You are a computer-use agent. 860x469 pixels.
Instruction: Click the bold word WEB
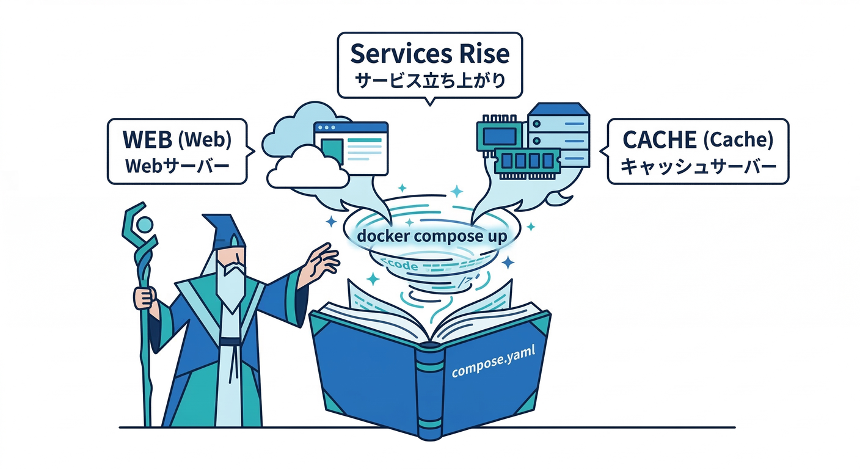(148, 139)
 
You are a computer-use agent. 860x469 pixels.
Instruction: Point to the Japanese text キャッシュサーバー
(698, 166)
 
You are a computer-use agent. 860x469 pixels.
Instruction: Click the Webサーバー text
(177, 165)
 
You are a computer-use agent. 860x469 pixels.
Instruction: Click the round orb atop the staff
(145, 225)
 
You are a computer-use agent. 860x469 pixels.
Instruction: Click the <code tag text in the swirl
(400, 265)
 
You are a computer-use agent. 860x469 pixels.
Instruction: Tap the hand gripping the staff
(144, 297)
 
